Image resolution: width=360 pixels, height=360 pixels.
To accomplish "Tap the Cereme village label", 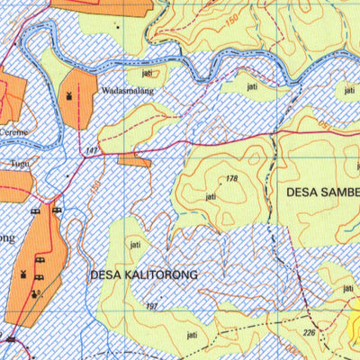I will click(14, 131).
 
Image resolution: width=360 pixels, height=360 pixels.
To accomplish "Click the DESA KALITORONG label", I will click(143, 272).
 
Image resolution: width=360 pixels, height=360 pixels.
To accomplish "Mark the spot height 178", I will click(236, 180).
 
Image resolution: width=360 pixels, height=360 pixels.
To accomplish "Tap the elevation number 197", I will click(150, 308).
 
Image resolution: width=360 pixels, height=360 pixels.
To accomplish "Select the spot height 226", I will click(310, 331).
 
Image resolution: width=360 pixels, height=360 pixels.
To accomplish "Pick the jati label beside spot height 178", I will click(211, 195).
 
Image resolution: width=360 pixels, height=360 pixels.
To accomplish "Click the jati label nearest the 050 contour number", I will click(347, 92).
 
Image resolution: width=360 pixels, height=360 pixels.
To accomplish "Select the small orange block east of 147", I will click(134, 160).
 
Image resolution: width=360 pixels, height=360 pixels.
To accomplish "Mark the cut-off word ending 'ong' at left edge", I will click(7, 238).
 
